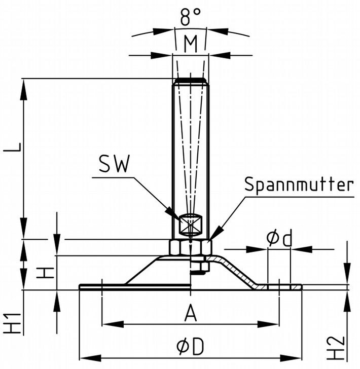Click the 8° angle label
coord(190,19)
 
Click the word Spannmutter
coord(299,184)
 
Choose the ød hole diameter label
coord(279,238)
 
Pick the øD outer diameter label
coord(190,346)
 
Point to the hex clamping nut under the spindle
coord(190,247)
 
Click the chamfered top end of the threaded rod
coord(190,81)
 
